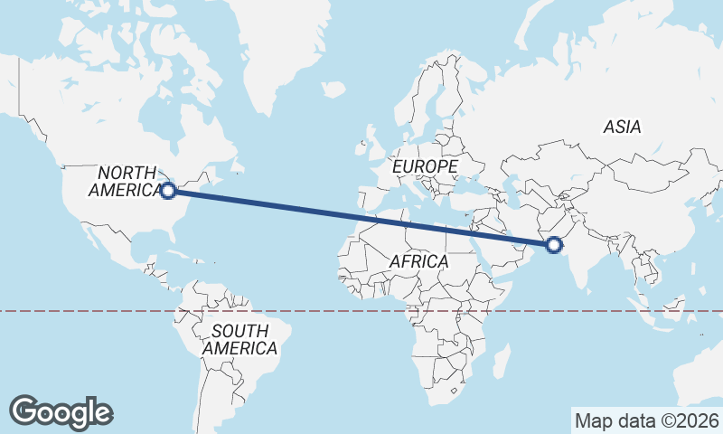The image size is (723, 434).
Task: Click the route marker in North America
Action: click(168, 191)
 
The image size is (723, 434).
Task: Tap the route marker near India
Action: click(554, 244)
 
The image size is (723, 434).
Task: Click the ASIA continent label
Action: click(622, 127)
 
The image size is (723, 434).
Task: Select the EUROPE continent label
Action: click(424, 167)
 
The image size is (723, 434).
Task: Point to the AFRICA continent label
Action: click(418, 261)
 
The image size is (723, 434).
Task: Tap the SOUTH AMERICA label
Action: click(239, 339)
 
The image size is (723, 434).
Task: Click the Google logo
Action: click(61, 412)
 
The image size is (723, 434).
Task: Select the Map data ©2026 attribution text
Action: click(647, 420)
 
